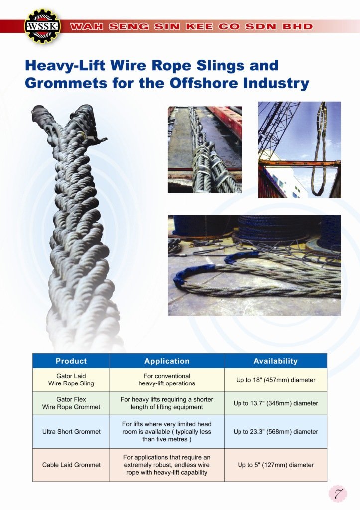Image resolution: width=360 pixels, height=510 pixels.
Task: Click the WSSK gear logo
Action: click(x=43, y=26)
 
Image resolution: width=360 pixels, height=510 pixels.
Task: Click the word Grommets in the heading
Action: click(x=66, y=83)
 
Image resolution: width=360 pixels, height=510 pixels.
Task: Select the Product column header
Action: click(x=71, y=361)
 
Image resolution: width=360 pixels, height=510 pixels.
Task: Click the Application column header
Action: click(x=167, y=361)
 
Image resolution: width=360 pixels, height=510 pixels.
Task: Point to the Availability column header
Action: click(x=275, y=361)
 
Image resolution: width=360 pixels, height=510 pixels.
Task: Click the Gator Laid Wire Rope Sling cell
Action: click(x=71, y=380)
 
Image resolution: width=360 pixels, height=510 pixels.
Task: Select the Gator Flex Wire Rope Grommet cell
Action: click(x=71, y=403)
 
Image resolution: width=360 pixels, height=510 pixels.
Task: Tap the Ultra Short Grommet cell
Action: click(x=71, y=432)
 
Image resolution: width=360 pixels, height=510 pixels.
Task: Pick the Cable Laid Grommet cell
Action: click(x=71, y=465)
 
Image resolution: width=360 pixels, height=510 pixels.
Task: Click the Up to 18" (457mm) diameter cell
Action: click(x=275, y=380)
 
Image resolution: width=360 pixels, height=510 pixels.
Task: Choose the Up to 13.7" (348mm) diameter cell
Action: click(x=275, y=403)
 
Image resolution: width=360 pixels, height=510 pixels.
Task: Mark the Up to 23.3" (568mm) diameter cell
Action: click(x=275, y=432)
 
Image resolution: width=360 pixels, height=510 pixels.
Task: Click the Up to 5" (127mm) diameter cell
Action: click(x=275, y=465)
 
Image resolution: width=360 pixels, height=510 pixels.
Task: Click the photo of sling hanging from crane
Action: click(x=300, y=149)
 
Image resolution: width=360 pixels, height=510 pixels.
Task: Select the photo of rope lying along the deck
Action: click(x=205, y=149)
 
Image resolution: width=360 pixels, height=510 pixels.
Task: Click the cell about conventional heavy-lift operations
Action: click(x=167, y=380)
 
